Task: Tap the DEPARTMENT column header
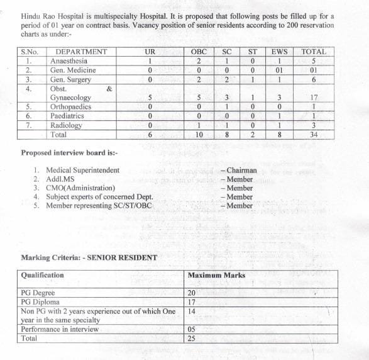(81, 52)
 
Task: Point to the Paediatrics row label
(70, 116)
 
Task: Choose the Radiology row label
(66, 125)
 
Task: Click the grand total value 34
(314, 135)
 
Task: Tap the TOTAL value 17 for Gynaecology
(314, 98)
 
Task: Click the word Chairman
(240, 170)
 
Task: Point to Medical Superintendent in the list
(81, 170)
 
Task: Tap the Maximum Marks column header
(216, 275)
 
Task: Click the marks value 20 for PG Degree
(192, 293)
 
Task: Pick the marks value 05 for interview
(192, 329)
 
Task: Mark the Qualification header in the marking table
(43, 275)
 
